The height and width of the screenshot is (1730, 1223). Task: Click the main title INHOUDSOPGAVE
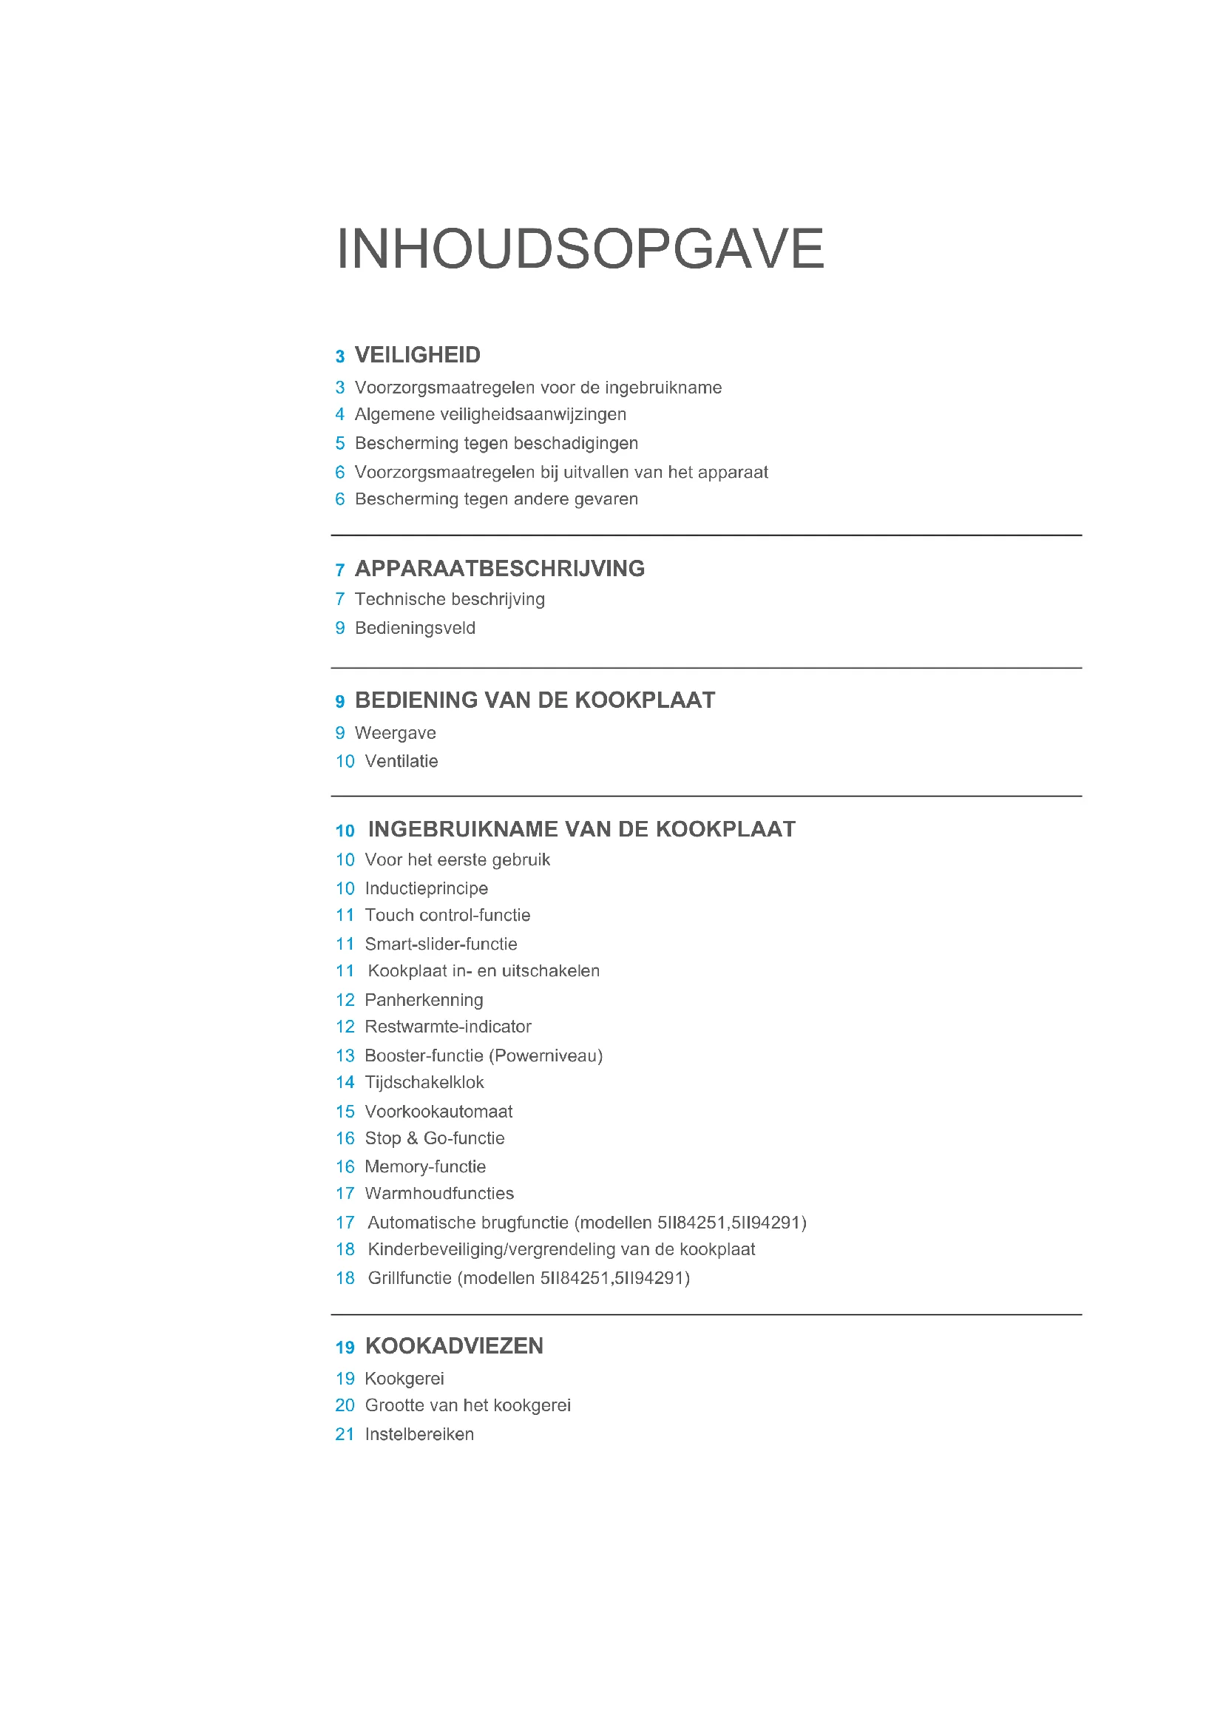point(580,249)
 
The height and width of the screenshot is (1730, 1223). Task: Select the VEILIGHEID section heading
point(417,355)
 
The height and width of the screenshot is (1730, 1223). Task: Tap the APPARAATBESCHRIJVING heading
point(499,569)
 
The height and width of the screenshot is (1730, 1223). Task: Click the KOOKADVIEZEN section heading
point(454,1345)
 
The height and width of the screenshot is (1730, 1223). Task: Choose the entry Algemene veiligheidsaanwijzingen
point(490,414)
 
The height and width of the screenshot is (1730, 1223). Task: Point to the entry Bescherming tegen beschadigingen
point(496,443)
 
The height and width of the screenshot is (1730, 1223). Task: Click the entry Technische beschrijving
point(450,599)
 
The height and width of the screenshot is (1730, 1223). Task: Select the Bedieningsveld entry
point(415,628)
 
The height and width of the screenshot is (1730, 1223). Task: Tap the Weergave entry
point(396,733)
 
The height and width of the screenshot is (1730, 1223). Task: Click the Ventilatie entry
point(402,761)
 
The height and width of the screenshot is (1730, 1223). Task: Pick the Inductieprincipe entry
point(426,888)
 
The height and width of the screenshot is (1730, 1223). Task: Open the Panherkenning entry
point(424,1000)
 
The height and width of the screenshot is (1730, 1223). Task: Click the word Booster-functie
point(424,1055)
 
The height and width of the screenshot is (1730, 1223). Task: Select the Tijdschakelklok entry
point(424,1083)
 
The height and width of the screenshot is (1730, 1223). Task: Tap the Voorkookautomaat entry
point(438,1112)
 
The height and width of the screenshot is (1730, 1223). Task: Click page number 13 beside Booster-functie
point(345,1055)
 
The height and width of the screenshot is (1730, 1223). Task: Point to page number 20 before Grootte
point(345,1405)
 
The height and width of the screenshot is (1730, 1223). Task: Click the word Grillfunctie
point(410,1278)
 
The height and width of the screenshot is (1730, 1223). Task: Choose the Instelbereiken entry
point(419,1434)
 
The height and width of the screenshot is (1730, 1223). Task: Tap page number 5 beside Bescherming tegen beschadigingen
point(339,443)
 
